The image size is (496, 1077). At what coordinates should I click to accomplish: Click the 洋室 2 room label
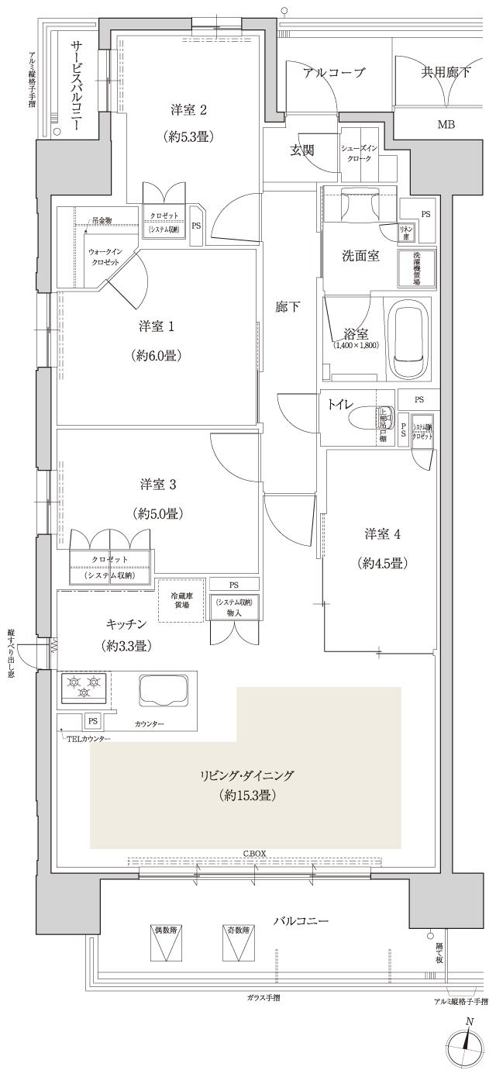[188, 109]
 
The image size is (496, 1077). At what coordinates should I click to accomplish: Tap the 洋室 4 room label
[383, 533]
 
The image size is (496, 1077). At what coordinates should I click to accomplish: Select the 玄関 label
[301, 150]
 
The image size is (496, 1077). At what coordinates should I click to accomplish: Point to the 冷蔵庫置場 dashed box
[179, 600]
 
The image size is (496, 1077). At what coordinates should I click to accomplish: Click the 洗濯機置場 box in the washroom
[416, 268]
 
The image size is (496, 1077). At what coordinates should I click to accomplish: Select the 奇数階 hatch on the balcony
[238, 944]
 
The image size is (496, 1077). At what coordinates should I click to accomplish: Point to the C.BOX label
[254, 853]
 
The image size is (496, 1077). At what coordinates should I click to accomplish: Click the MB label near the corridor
[446, 124]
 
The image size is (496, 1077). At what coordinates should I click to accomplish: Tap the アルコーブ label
[333, 73]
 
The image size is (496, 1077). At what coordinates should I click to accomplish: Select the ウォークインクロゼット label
[103, 257]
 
